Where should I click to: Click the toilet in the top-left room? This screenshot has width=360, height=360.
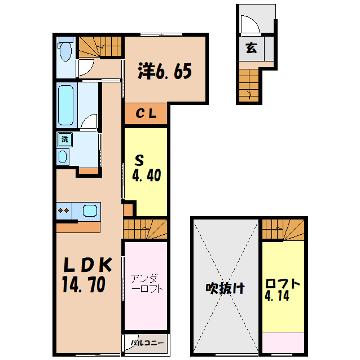click(65, 51)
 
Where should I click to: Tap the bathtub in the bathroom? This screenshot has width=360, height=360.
click(67, 105)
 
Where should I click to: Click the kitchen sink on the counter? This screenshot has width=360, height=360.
click(90, 211)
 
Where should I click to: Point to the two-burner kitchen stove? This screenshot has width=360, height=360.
click(64, 211)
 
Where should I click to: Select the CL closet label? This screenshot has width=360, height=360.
click(146, 113)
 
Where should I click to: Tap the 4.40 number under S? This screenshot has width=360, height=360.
click(147, 175)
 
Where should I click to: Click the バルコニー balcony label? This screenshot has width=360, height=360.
click(146, 342)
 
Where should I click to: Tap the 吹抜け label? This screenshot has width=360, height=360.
click(225, 288)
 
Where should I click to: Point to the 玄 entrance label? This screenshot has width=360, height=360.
click(251, 48)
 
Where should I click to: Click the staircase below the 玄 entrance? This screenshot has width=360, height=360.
click(248, 85)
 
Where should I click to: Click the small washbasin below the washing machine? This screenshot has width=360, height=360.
click(63, 156)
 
